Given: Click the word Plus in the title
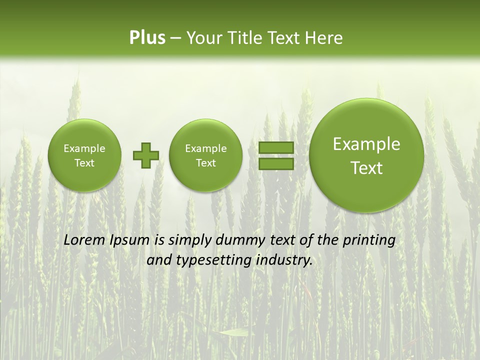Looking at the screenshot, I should coord(147,38).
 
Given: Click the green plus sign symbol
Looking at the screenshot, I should coord(145,155).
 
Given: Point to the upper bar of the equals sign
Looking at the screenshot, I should coord(276,148).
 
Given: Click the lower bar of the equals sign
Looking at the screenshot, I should coord(276,164).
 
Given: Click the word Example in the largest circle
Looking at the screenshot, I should coord(366,144).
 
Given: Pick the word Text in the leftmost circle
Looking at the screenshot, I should coord(84,163).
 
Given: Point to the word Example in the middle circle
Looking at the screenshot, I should coord(205,148).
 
